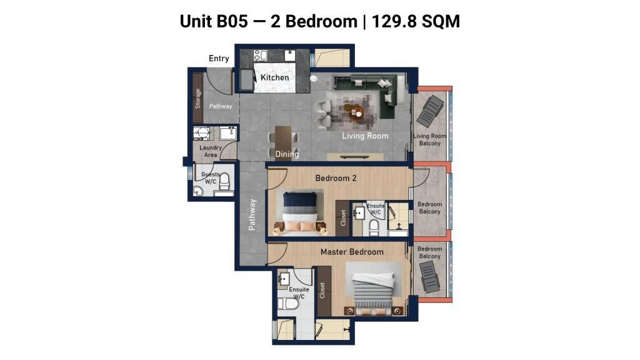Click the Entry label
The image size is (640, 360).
pyautogui.click(x=219, y=58)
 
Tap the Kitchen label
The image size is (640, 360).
pyautogui.click(x=275, y=77)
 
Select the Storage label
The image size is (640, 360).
pyautogui.click(x=198, y=98)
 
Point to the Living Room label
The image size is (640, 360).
pyautogui.click(x=365, y=136)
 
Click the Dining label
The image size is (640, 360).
pyautogui.click(x=287, y=154)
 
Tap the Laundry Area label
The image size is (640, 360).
pyautogui.click(x=211, y=151)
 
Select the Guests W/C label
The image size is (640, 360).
pyautogui.click(x=211, y=178)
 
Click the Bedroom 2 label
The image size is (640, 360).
pyautogui.click(x=336, y=178)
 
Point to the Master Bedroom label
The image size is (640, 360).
pyautogui.click(x=352, y=252)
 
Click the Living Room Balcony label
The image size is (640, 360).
pyautogui.click(x=430, y=139)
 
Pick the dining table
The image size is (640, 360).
pyautogui.click(x=283, y=142)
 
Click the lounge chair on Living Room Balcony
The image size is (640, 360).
pyautogui.click(x=430, y=111)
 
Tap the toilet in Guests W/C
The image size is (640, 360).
pyautogui.click(x=225, y=182)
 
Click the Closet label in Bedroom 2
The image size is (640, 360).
pyautogui.click(x=343, y=218)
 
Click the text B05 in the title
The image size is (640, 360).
pyautogui.click(x=232, y=21)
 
